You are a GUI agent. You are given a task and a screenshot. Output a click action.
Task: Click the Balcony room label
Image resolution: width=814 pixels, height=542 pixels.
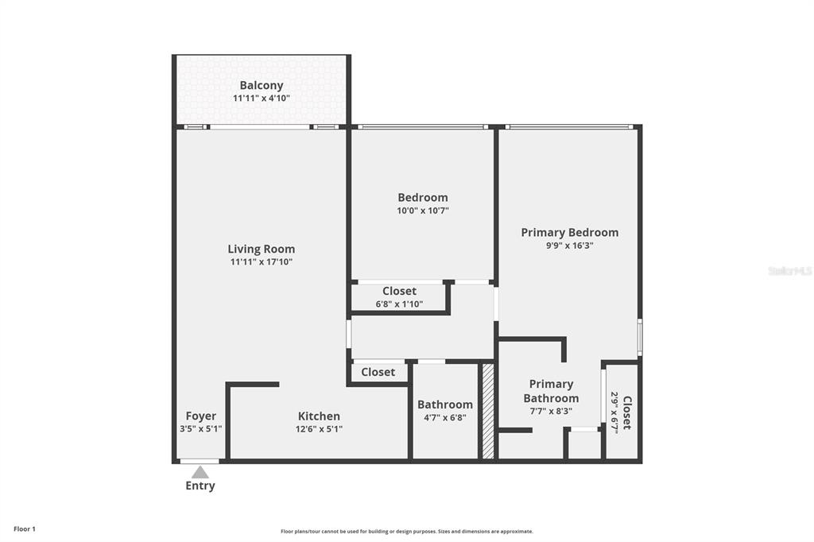coord(262,85)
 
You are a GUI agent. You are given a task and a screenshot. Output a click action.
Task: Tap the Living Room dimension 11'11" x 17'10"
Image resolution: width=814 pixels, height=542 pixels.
coord(262,262)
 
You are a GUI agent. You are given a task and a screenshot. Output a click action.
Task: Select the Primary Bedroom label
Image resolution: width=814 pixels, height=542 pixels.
coord(569,232)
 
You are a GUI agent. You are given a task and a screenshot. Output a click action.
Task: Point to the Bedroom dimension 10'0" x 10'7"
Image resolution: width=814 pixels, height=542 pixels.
coord(423,211)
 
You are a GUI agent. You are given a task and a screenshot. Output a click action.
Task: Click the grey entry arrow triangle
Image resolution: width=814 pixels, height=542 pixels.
coord(200,472)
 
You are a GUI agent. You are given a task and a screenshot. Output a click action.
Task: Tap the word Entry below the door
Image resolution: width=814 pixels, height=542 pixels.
coord(200,486)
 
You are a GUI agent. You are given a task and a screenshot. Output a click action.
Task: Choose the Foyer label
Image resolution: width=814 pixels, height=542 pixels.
coord(200,416)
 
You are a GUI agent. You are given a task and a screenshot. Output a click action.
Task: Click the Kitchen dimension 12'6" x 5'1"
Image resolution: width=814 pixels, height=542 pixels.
coord(319,429)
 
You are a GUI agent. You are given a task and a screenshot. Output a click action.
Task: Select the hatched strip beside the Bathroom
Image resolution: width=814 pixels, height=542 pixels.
coord(488,411)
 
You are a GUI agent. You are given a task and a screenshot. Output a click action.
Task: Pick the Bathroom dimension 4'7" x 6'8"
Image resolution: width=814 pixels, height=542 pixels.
coord(445,417)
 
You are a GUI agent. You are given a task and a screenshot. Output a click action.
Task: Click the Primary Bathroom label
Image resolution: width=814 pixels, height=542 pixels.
coord(551,391)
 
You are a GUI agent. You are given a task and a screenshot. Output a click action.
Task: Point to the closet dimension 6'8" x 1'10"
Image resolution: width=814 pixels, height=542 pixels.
coord(399,304)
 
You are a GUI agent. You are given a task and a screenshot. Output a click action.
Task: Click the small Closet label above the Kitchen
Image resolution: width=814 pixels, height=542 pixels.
coord(378,372)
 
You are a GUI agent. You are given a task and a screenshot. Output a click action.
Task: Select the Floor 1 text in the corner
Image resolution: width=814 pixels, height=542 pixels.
coord(25,528)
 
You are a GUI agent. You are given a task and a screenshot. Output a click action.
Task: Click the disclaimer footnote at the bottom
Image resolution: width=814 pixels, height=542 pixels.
coord(406,532)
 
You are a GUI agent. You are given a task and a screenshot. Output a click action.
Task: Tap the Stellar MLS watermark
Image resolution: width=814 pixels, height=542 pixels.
coord(789,271)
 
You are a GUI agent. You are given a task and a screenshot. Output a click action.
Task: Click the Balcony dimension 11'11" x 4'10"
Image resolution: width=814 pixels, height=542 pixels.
coord(262,99)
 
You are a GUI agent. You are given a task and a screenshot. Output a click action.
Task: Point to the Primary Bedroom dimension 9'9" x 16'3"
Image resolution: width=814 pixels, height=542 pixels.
coord(569,246)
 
